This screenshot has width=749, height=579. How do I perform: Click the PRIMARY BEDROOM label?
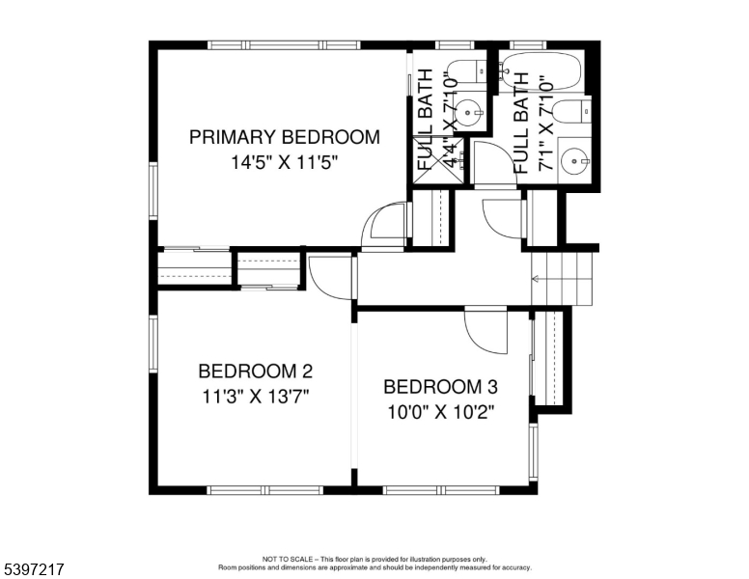pyautogui.click(x=284, y=137)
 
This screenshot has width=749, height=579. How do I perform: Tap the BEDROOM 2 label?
pyautogui.click(x=255, y=371)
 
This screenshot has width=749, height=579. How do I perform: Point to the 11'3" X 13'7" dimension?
pyautogui.click(x=255, y=395)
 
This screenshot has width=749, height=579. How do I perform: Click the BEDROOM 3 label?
pyautogui.click(x=440, y=388)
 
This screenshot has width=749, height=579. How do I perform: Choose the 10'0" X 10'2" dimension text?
pyautogui.click(x=440, y=412)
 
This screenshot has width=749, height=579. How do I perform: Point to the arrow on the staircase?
pyautogui.click(x=540, y=280)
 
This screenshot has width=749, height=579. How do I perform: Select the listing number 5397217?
pyautogui.click(x=33, y=569)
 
